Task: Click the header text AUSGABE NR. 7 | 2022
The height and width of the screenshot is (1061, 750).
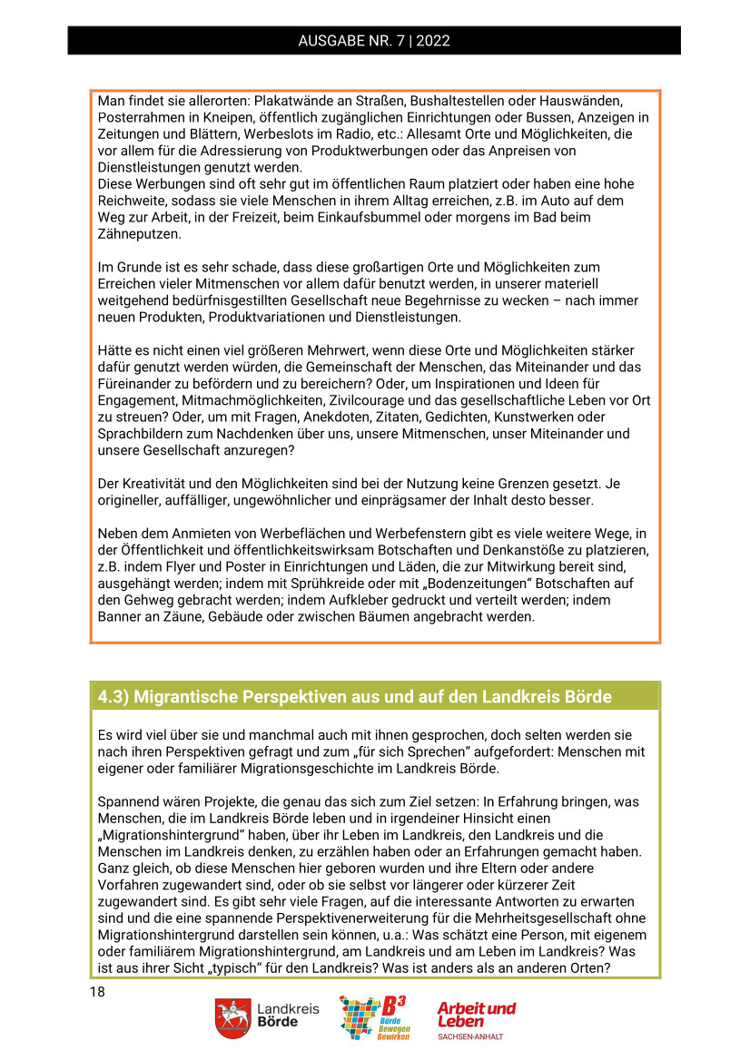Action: pos(374,41)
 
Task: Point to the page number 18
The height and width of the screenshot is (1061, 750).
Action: pos(98,991)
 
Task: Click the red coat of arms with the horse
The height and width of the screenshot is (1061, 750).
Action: pos(232,1018)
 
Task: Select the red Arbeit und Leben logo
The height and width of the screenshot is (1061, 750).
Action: pos(476,1014)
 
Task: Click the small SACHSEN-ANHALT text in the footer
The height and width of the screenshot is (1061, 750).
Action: pos(469,1036)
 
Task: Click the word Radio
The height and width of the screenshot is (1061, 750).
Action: pos(350,134)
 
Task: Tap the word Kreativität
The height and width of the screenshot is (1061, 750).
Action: pos(155,484)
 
